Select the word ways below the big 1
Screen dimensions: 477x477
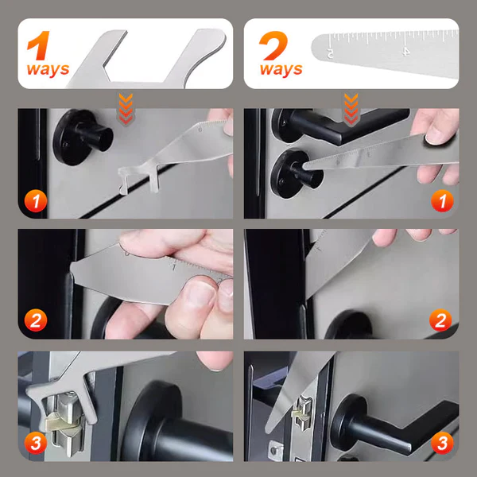click(x=48, y=69)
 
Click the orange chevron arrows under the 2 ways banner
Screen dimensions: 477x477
click(x=351, y=105)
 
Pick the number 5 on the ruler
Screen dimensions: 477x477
click(x=330, y=53)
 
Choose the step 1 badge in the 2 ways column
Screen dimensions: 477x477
click(x=440, y=201)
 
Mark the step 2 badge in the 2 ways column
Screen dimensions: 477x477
click(x=440, y=321)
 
